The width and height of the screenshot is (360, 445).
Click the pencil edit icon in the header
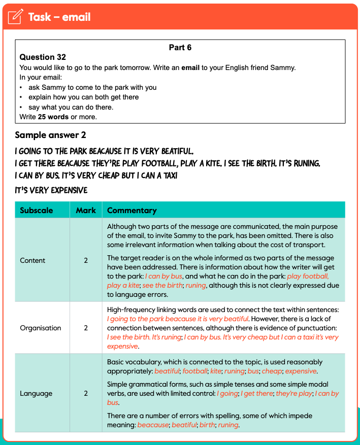16,17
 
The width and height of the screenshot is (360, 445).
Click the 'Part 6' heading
180,48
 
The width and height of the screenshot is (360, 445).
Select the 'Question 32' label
43,57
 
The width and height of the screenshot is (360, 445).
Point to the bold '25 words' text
54,117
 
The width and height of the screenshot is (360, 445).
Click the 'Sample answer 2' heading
50,135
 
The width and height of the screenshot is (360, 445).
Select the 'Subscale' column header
36,210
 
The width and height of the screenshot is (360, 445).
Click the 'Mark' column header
85,210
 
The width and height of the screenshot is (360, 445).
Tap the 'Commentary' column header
132,210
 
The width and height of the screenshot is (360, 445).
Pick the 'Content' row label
32,260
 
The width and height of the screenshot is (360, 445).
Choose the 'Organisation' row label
40,328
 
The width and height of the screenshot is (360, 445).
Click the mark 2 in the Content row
86,260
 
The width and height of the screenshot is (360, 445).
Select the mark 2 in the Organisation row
86,328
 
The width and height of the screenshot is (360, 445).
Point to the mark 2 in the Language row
86,393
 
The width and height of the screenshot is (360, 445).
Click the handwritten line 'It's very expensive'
51,190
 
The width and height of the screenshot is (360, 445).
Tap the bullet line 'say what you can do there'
71,107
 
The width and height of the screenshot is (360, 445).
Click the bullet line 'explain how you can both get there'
83,97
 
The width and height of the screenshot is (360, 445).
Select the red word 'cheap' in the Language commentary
271,371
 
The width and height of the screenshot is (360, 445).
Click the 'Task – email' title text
59,17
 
